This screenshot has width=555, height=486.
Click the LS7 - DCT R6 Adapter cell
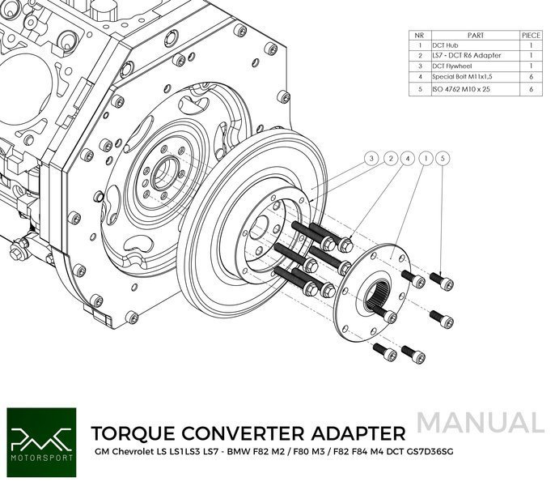tap(466, 56)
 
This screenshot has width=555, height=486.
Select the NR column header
tap(419, 36)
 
